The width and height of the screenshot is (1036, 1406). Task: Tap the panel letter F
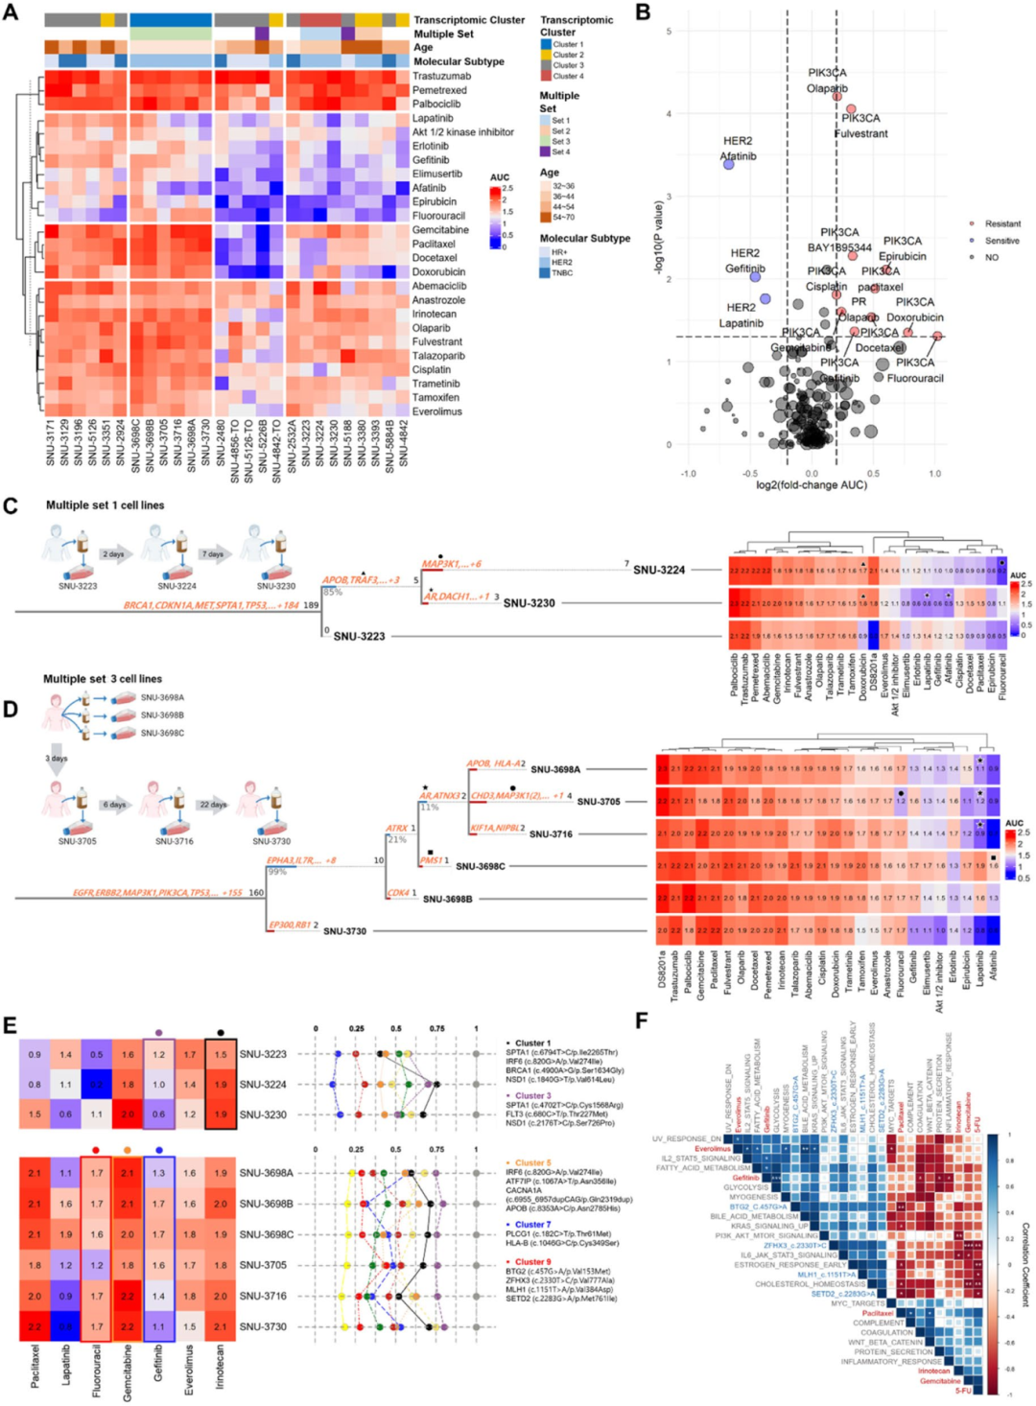click(642, 1019)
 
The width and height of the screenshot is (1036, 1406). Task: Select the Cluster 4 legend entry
click(567, 77)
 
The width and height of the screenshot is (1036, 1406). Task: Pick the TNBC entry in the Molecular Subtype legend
click(561, 273)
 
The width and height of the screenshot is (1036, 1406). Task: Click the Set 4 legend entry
click(560, 152)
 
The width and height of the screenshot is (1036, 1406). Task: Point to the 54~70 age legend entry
click(563, 218)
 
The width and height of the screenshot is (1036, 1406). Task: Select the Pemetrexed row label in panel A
click(439, 90)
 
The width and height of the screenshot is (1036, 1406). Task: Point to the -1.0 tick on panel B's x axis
click(688, 474)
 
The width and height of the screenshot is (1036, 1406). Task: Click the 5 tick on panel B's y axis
click(670, 32)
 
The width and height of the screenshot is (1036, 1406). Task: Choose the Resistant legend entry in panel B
click(1001, 223)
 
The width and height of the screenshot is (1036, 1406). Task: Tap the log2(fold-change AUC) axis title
click(812, 485)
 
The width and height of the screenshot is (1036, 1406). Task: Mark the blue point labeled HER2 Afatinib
click(728, 165)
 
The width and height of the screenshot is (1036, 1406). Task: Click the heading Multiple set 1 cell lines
click(105, 505)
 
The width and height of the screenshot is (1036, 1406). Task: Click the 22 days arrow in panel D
click(213, 805)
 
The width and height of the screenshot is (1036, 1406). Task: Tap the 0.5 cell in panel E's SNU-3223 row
click(97, 1054)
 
